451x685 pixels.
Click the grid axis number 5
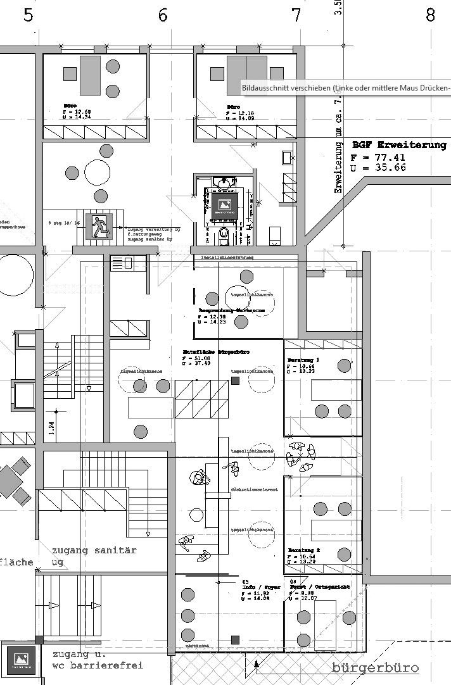pyautogui.click(x=28, y=15)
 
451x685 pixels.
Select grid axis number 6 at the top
pyautogui.click(x=163, y=15)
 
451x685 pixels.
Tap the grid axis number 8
pyautogui.click(x=431, y=15)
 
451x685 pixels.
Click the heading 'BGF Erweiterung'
pyautogui.click(x=399, y=145)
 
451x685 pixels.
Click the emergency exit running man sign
pyautogui.click(x=99, y=226)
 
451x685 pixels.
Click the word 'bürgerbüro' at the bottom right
pyautogui.click(x=375, y=668)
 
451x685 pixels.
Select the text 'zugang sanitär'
pyautogui.click(x=94, y=550)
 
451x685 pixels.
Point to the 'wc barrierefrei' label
pyautogui.click(x=98, y=665)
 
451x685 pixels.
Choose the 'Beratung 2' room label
pyautogui.click(x=303, y=550)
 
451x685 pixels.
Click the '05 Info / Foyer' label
pyautogui.click(x=251, y=586)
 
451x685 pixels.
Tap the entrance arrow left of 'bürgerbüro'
pyautogui.click(x=257, y=664)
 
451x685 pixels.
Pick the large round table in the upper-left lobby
pyautogui.click(x=97, y=172)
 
